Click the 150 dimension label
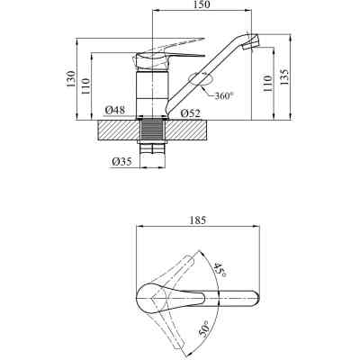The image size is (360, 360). click(x=202, y=4)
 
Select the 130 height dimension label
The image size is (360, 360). click(x=71, y=79)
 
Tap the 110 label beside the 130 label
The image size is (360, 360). click(x=85, y=85)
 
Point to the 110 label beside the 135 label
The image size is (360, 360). click(x=268, y=84)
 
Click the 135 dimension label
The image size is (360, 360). click(x=284, y=76)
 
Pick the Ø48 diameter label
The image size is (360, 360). click(x=115, y=111)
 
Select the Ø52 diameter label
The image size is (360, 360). click(x=191, y=113)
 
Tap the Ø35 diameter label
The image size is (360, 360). click(x=121, y=162)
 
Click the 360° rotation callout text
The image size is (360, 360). click(x=224, y=96)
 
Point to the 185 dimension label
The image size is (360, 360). click(x=198, y=220)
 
